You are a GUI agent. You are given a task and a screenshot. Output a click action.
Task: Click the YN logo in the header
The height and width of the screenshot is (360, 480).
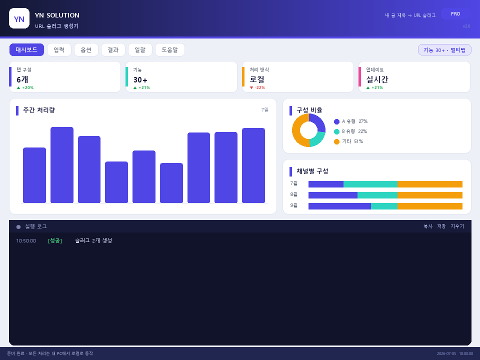tap(19, 18)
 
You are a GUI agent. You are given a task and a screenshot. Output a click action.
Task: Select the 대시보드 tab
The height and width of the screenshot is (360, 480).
tap(26, 49)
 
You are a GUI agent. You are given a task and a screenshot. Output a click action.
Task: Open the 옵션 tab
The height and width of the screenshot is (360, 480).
tap(86, 49)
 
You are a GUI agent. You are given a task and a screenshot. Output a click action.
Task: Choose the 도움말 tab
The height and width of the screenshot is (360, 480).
tap(170, 49)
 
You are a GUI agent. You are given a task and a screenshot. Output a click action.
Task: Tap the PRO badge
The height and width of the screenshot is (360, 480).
tap(455, 14)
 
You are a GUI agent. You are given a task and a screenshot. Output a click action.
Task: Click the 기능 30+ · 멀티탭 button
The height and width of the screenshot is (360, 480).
tap(444, 50)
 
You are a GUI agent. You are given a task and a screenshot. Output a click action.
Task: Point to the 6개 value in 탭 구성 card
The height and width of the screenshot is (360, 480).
tap(22, 79)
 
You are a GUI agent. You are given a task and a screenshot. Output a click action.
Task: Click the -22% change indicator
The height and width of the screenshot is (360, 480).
tap(257, 87)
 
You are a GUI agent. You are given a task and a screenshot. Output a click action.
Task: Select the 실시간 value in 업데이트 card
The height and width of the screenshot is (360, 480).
tap(377, 79)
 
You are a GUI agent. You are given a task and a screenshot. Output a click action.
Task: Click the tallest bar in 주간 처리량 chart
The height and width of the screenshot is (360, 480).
tap(62, 165)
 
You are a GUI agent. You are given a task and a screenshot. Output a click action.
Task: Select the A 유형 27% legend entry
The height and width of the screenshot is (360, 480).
tap(351, 121)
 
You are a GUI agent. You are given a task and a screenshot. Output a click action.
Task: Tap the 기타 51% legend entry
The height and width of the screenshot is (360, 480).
tap(348, 141)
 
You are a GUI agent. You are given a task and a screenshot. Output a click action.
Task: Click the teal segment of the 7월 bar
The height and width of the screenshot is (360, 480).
tap(370, 184)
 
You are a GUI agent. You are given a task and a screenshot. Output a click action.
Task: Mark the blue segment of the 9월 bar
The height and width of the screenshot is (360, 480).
tap(340, 206)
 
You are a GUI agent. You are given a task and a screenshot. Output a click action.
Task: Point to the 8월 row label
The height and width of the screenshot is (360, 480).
tap(294, 194)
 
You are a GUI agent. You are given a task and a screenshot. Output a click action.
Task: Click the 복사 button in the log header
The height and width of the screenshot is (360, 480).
tap(428, 226)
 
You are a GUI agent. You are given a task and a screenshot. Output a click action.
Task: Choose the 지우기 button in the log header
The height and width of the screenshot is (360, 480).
tap(457, 226)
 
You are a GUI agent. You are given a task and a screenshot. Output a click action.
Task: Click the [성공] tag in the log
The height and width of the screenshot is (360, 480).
tap(55, 240)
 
